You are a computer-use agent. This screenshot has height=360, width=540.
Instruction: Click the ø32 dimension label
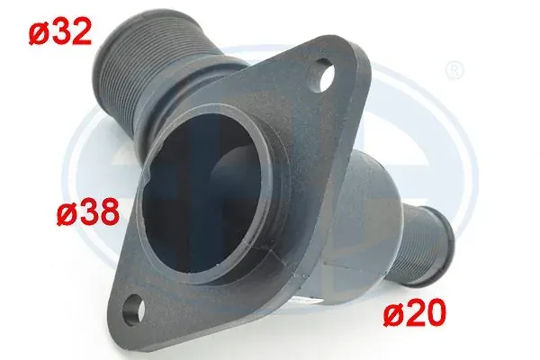(x=60, y=31)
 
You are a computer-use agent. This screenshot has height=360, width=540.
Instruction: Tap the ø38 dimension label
(x=88, y=212)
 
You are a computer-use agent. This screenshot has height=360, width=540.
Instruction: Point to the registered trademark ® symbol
(x=454, y=70)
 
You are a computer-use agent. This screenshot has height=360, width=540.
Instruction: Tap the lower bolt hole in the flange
(x=134, y=305)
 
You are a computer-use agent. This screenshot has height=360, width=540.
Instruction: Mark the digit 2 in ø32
(x=81, y=31)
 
